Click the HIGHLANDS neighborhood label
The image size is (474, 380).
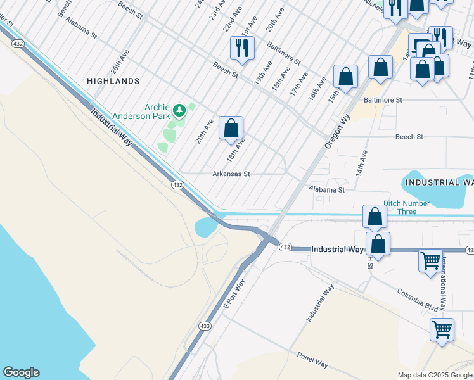(x=113, y=81)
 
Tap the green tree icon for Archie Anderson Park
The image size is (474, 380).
(x=179, y=111)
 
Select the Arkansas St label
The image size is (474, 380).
(x=231, y=174)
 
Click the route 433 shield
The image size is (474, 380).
(x=204, y=326)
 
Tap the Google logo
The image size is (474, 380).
(x=21, y=372)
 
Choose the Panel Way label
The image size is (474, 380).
(x=312, y=360)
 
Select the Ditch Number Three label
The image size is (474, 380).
(x=406, y=207)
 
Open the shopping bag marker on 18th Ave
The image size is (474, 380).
(x=231, y=127)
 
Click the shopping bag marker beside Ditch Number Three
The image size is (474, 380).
(x=375, y=216)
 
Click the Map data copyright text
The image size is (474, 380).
(x=434, y=375)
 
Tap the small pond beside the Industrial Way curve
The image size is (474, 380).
(x=207, y=226)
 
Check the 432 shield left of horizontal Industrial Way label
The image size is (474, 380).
(x=285, y=247)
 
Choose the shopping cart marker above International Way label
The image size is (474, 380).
(x=430, y=260)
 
